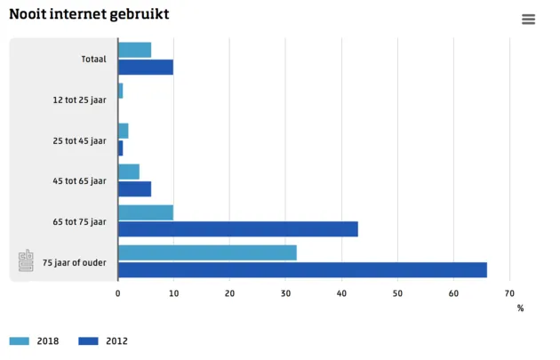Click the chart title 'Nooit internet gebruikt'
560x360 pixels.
point(89,15)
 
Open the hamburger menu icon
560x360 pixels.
point(529,19)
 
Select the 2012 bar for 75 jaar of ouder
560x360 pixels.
point(302,269)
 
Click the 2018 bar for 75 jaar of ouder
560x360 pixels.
point(207,253)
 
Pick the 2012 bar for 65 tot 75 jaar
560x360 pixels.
point(237,228)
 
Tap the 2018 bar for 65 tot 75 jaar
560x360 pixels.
point(146,212)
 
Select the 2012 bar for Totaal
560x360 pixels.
point(146,67)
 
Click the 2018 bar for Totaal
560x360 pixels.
point(134,51)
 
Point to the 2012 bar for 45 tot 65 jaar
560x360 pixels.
point(134,188)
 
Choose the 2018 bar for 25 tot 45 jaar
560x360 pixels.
point(124,132)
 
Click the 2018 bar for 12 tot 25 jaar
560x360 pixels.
point(120,91)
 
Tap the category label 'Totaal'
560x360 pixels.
point(92,60)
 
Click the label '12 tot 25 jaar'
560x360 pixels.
point(79,100)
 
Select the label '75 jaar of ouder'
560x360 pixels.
point(74,262)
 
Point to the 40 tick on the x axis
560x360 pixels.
point(341,292)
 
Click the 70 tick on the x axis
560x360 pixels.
point(509,292)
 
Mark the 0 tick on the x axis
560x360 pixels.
point(118,292)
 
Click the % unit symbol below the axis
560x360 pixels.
point(520,308)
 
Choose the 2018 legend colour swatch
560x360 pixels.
point(20,341)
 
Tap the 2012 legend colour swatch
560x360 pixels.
point(88,341)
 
